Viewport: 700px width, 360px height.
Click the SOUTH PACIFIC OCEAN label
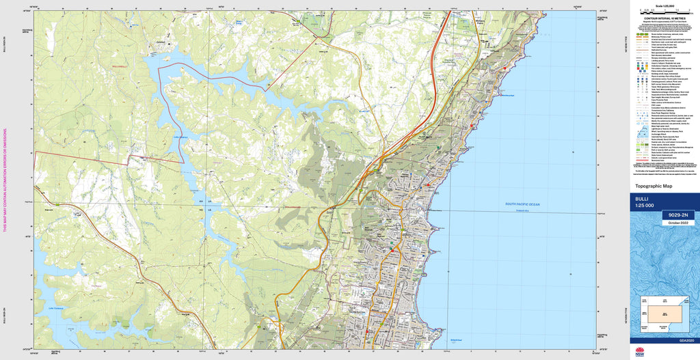click(x=522, y=204)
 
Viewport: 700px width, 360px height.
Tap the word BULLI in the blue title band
click(x=643, y=199)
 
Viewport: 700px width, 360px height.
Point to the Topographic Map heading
click(x=654, y=186)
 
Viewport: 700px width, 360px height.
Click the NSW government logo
click(x=640, y=352)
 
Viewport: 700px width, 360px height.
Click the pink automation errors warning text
click(x=5, y=180)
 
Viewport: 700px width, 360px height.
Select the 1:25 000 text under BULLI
click(x=645, y=206)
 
